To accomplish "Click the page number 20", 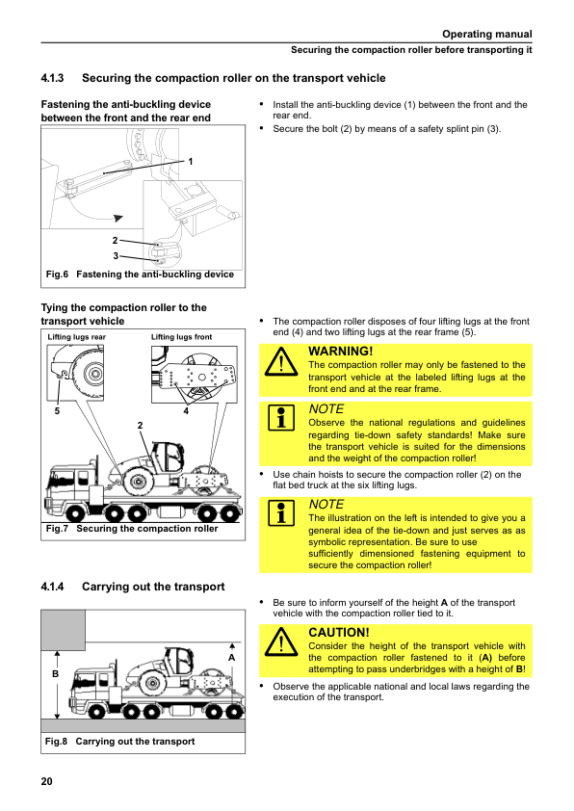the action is coord(46,781).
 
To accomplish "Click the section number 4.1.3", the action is coord(52,78).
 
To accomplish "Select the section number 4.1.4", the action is coord(52,587).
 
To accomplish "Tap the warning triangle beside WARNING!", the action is coord(281,361).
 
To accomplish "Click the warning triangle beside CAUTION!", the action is coord(281,641).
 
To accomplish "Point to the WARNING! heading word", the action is coord(340,352).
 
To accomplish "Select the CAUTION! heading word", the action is coord(339,633).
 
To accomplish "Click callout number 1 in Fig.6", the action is coord(191,162).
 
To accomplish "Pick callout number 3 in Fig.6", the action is coord(116,255).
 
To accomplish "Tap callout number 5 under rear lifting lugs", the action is coord(57,411).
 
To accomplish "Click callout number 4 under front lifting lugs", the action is coord(186,411).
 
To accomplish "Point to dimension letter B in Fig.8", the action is coord(55,674).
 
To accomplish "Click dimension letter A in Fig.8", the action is coord(232,658).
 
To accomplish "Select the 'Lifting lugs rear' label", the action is coord(76,337).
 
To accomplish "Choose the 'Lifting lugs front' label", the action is coord(181,337).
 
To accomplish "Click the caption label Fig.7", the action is coord(57,529).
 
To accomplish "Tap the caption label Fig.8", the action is coord(56,742).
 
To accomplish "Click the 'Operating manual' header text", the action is coord(486,34).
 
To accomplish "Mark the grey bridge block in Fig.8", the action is coord(64,630).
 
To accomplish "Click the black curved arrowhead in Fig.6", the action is coord(118,219).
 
